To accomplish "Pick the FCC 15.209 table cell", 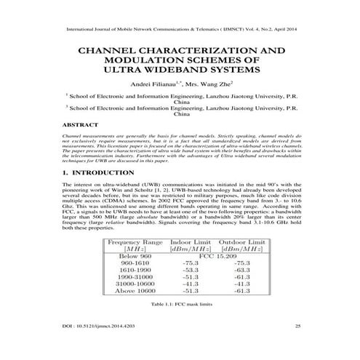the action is click(218, 257).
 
